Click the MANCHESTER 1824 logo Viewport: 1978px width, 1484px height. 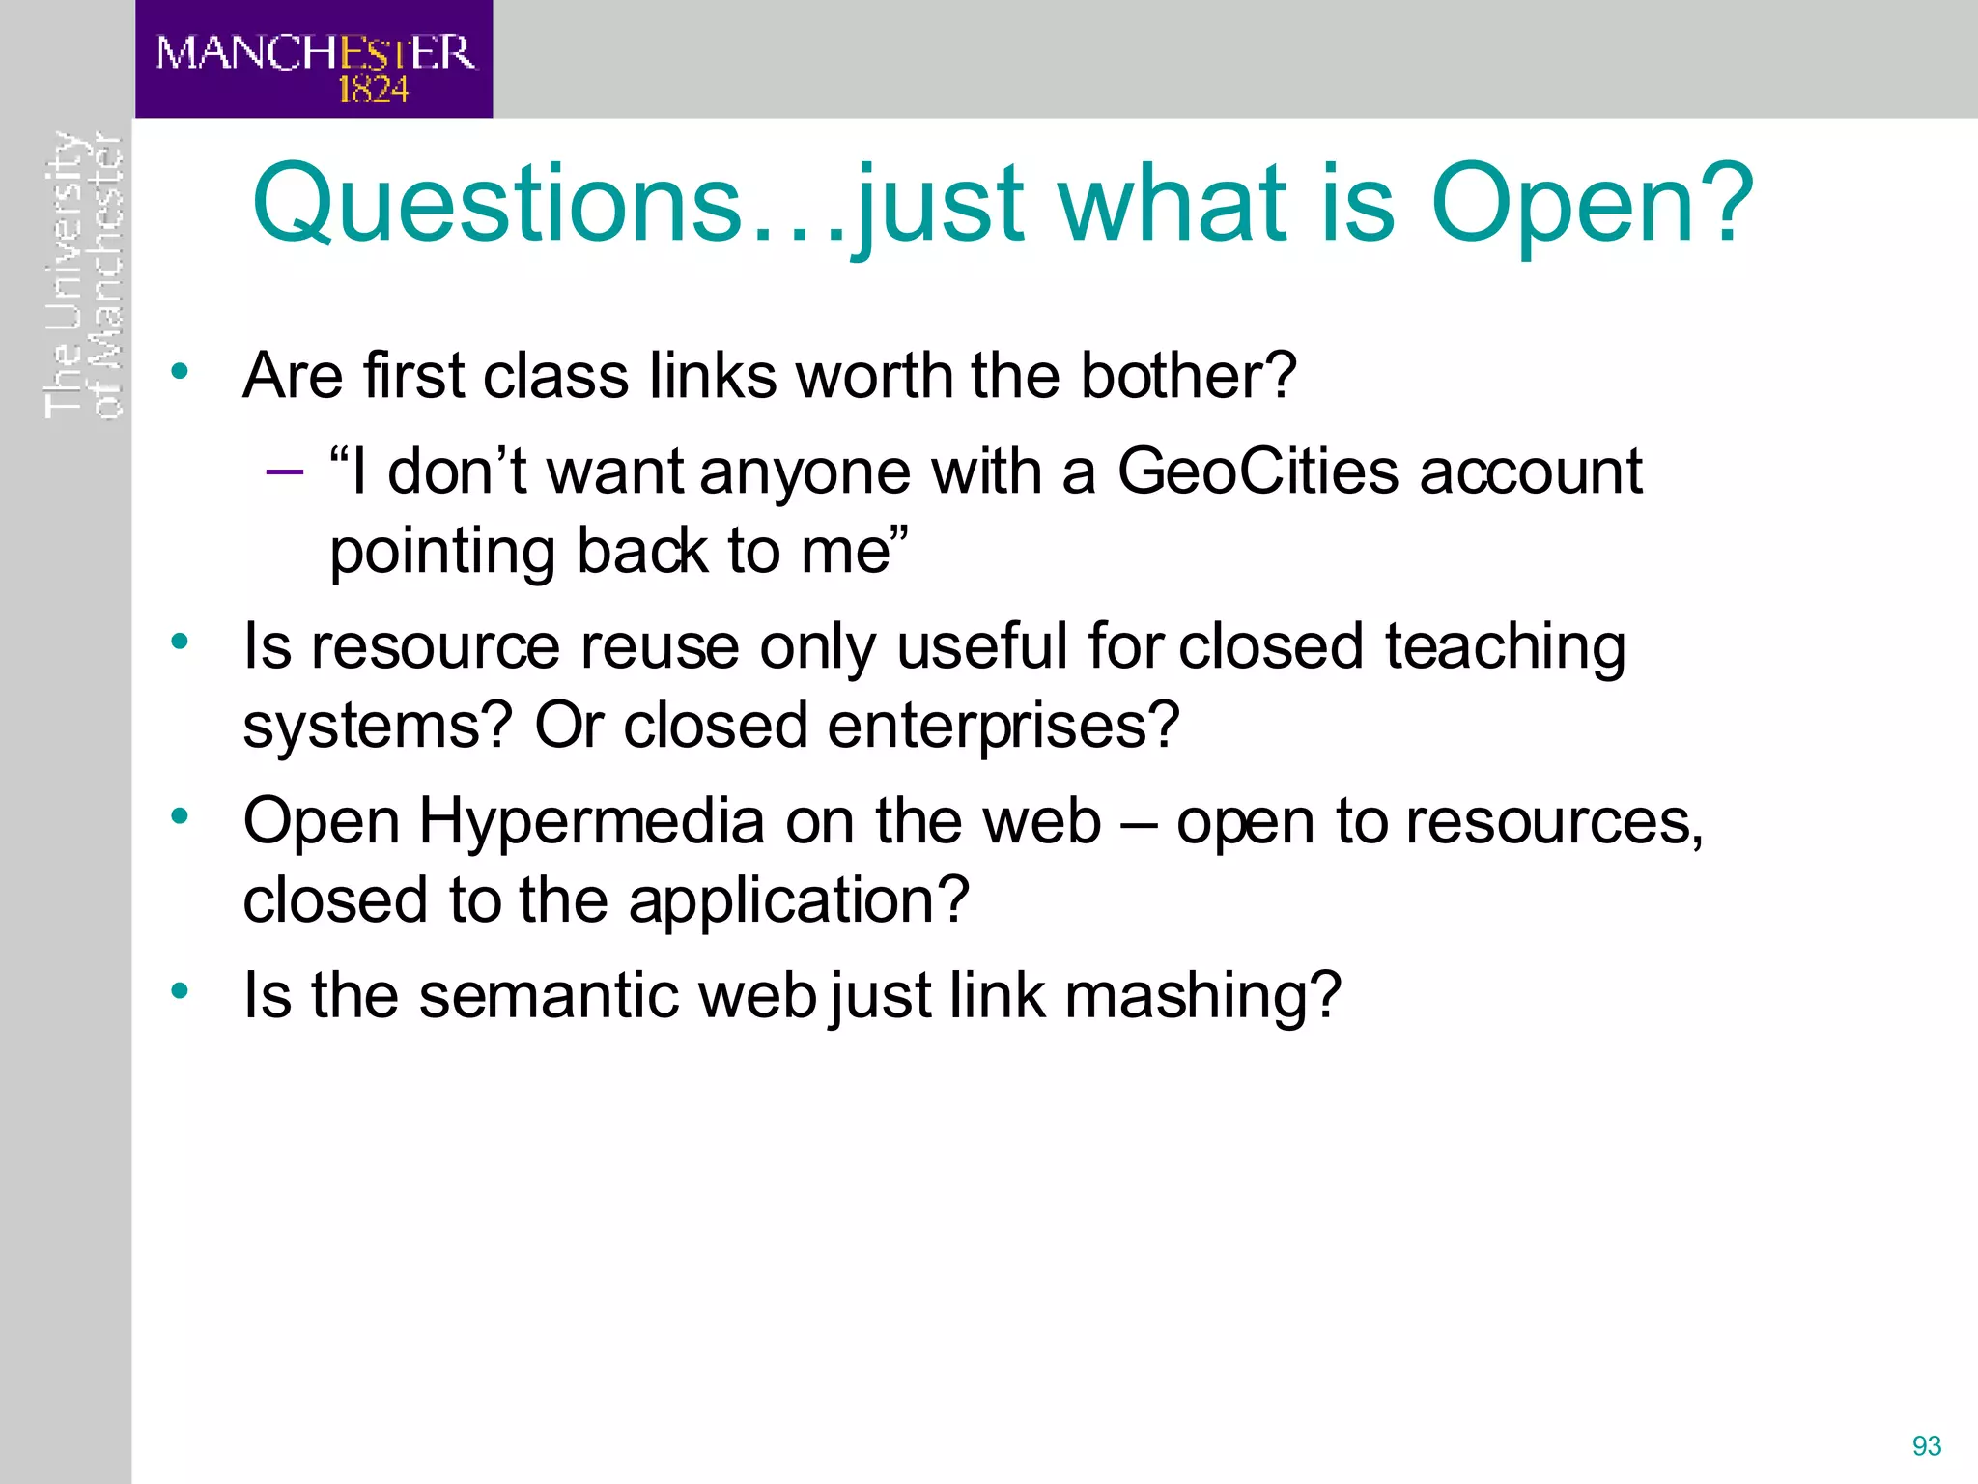(x=314, y=60)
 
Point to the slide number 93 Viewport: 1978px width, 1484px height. (x=1926, y=1445)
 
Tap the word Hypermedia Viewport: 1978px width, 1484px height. (x=591, y=822)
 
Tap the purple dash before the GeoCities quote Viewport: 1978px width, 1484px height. (x=284, y=471)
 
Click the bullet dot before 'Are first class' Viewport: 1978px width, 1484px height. (x=180, y=371)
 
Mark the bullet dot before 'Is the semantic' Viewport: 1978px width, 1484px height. (x=180, y=991)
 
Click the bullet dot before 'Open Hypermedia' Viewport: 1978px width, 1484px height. (x=180, y=817)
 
